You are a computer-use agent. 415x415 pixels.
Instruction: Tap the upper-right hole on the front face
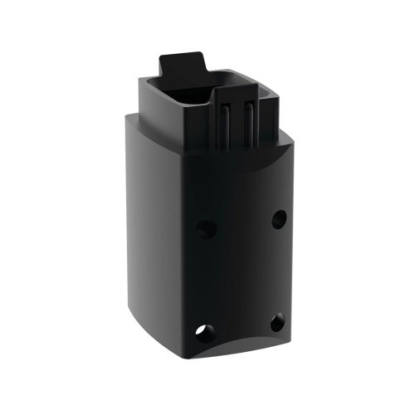(279, 217)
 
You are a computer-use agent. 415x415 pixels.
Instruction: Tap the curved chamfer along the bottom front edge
(241, 349)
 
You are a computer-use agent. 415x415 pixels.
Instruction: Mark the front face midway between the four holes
(242, 274)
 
